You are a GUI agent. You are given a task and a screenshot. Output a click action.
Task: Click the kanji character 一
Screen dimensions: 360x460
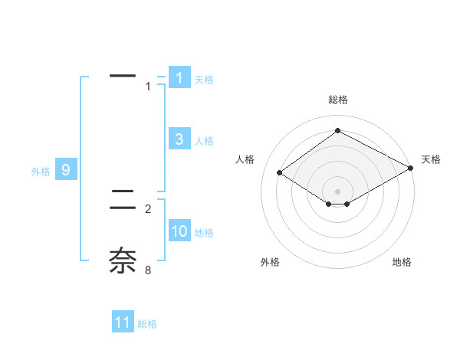pyautogui.click(x=123, y=76)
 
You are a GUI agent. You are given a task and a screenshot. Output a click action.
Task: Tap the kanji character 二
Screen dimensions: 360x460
pyautogui.click(x=123, y=201)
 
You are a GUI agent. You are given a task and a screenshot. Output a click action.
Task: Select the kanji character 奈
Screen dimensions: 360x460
pyautogui.click(x=123, y=260)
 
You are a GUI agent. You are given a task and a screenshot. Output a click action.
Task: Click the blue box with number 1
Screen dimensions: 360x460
pyautogui.click(x=179, y=77)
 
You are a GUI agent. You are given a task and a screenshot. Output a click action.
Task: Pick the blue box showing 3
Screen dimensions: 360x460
pyautogui.click(x=179, y=139)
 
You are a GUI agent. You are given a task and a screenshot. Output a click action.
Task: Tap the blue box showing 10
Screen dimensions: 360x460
pyautogui.click(x=179, y=231)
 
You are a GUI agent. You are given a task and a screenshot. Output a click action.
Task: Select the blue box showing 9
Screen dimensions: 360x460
pyautogui.click(x=66, y=170)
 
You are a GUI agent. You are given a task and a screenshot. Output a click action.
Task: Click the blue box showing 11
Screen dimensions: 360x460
pyautogui.click(x=123, y=322)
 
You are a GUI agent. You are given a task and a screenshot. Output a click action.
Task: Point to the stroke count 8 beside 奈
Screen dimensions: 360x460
pyautogui.click(x=148, y=270)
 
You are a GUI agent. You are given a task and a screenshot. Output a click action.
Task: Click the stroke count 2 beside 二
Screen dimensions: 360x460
pyautogui.click(x=148, y=208)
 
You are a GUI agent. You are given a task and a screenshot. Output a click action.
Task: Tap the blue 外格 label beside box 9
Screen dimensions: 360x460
pyautogui.click(x=41, y=172)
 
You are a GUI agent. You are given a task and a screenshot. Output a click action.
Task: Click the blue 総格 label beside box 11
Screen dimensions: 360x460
pyautogui.click(x=147, y=324)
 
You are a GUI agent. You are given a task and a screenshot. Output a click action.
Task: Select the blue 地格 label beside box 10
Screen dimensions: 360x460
pyautogui.click(x=205, y=233)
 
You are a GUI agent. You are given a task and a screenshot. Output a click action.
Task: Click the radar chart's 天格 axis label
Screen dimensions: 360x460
pyautogui.click(x=431, y=159)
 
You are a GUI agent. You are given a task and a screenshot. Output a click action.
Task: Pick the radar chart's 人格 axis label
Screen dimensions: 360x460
pyautogui.click(x=245, y=159)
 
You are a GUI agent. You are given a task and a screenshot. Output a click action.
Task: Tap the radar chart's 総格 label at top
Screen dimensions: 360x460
pyautogui.click(x=338, y=100)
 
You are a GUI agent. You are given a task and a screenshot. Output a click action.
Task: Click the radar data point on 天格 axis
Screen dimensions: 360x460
pyautogui.click(x=410, y=169)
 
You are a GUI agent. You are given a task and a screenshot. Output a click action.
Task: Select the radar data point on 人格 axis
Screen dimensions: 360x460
pyautogui.click(x=280, y=172)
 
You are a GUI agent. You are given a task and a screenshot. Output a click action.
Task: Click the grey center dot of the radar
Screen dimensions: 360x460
pyautogui.click(x=338, y=191)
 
